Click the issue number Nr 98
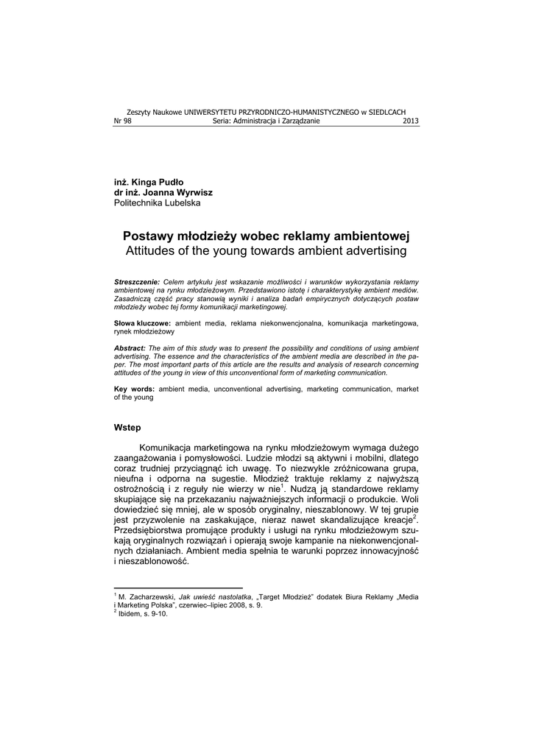[122, 121]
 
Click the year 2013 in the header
[411, 121]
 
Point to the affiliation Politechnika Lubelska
[157, 202]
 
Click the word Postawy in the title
[151, 236]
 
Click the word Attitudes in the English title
[152, 251]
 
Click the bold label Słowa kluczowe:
[142, 323]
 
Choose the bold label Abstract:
[130, 348]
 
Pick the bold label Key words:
[134, 388]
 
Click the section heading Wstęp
[127, 428]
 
